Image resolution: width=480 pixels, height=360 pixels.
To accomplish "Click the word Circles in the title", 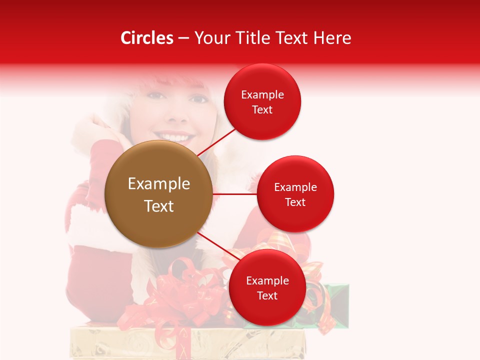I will [146, 38].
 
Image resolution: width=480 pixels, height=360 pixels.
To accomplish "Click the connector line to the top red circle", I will [216, 142].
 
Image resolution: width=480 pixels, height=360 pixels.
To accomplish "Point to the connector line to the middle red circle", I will [234, 194].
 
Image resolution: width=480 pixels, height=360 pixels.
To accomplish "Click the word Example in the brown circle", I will [158, 184].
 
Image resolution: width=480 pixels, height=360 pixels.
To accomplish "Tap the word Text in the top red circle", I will [262, 110].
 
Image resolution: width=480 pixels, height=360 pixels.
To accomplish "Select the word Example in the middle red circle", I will [295, 187].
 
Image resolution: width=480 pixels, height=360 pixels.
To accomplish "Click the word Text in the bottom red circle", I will [267, 296].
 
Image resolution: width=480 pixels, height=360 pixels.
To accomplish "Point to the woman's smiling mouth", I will [174, 136].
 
